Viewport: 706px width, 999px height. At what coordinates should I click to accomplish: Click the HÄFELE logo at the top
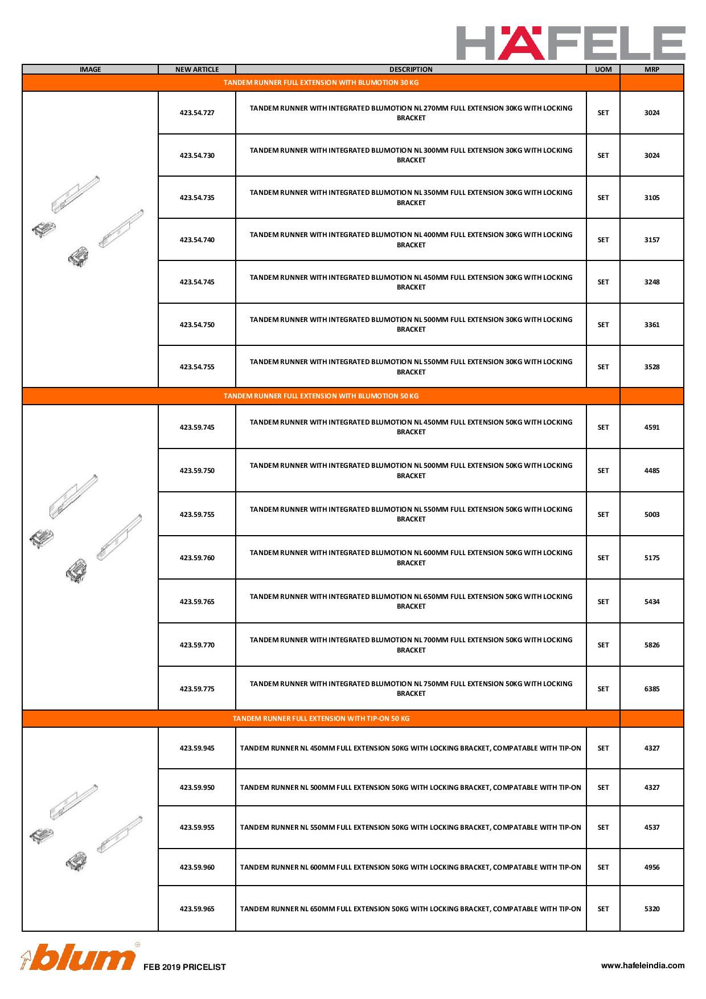click(x=570, y=43)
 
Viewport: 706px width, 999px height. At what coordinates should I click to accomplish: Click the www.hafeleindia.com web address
click(x=643, y=965)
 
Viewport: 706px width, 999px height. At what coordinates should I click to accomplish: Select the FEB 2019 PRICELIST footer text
click(x=185, y=967)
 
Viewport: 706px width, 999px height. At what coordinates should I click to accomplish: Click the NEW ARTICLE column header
click(x=197, y=70)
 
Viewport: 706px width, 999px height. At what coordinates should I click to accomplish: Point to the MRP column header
click(x=651, y=70)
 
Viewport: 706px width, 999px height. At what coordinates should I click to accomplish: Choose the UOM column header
click(x=603, y=70)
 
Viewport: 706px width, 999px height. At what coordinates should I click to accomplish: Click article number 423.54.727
click(x=197, y=113)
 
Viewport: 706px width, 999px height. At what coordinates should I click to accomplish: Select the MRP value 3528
click(x=651, y=367)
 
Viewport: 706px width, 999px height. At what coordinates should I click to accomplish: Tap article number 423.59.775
click(x=197, y=689)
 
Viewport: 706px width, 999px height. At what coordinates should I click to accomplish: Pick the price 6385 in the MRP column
click(x=651, y=689)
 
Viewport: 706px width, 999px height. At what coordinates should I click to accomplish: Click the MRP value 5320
click(x=651, y=909)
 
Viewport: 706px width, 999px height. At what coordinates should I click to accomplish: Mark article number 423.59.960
click(x=197, y=867)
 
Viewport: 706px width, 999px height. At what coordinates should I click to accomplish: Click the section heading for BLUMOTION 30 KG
click(x=321, y=83)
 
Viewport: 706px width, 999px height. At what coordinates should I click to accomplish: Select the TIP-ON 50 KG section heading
click(x=321, y=719)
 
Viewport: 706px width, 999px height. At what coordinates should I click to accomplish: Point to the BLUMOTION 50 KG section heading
click(x=321, y=396)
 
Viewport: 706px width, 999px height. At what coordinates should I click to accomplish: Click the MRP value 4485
click(x=651, y=471)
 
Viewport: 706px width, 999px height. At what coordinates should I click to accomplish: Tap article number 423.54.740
click(x=197, y=240)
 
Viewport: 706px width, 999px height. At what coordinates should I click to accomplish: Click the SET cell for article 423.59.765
click(x=603, y=602)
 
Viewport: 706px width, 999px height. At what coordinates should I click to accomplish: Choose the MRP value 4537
click(x=651, y=827)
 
